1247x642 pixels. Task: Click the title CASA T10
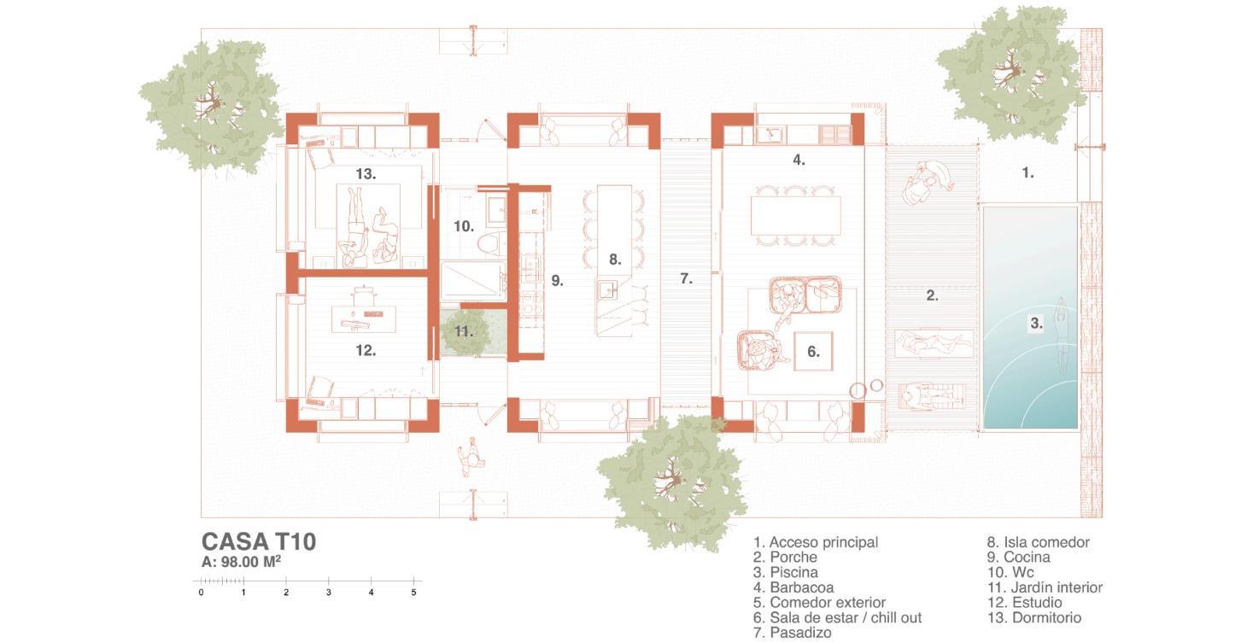click(259, 541)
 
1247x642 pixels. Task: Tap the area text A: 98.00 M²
click(242, 562)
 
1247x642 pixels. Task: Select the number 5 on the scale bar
click(413, 592)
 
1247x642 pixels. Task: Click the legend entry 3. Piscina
click(786, 572)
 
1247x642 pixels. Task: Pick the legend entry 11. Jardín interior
click(1045, 587)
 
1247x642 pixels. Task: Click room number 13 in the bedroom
click(366, 174)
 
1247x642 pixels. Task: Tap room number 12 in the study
click(366, 350)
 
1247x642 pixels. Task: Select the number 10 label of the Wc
click(464, 226)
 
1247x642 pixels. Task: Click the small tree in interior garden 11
click(462, 332)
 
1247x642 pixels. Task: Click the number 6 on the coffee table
click(813, 351)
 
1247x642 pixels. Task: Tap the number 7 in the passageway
click(686, 278)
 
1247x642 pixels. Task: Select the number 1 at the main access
click(1027, 172)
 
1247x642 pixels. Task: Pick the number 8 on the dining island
click(615, 259)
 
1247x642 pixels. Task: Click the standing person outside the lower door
click(468, 457)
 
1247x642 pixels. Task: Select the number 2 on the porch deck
click(932, 296)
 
